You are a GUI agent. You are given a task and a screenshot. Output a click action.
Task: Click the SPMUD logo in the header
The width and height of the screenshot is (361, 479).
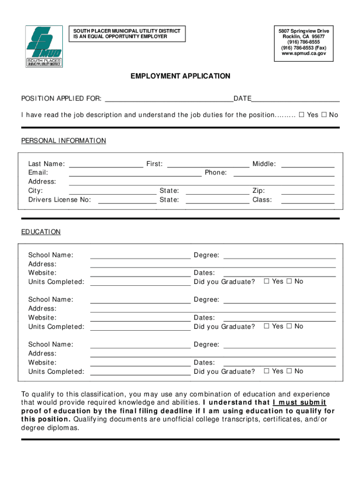point(44,46)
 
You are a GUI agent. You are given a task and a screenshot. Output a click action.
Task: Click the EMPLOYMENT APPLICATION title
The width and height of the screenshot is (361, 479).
point(180,76)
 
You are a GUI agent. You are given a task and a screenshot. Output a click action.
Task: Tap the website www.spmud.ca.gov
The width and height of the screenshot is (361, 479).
point(303,54)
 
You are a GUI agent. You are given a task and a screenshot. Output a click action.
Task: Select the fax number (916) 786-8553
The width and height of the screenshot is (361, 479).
point(303,48)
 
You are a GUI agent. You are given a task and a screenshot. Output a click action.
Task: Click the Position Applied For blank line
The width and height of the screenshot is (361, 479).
point(169,99)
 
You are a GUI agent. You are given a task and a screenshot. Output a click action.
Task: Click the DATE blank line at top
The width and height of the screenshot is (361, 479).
point(295,99)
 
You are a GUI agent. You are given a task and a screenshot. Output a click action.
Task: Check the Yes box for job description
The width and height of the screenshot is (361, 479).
point(302,115)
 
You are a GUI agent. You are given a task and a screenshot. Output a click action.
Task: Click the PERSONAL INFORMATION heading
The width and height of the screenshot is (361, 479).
point(64,141)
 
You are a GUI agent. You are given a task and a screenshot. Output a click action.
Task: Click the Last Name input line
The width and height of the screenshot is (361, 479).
point(106,164)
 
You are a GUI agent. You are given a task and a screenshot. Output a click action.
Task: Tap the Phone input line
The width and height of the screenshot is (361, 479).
point(284,173)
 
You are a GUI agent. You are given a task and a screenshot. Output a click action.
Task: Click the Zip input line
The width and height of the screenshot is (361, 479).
point(308,191)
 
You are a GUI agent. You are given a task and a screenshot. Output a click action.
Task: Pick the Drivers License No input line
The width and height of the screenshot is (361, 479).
point(127,201)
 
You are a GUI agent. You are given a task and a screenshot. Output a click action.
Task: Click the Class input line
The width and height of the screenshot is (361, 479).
point(308,201)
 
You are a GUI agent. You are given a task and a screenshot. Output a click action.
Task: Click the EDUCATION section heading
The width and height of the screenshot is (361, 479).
point(41,232)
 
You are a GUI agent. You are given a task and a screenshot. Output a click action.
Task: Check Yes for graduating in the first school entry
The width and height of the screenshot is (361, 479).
point(267,282)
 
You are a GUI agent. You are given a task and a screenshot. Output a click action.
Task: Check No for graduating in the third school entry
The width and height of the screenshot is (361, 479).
point(289,371)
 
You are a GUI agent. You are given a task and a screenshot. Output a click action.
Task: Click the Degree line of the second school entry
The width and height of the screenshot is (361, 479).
point(279,300)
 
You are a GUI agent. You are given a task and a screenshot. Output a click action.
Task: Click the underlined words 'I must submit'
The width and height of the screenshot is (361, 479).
point(300,403)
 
